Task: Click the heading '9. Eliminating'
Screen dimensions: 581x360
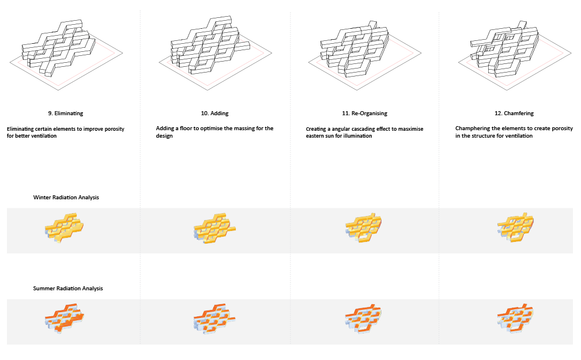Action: pyautogui.click(x=66, y=113)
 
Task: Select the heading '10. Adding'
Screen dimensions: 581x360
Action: pyautogui.click(x=214, y=113)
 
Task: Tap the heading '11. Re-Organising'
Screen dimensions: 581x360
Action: pyautogui.click(x=365, y=113)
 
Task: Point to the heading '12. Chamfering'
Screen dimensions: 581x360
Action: pyautogui.click(x=514, y=113)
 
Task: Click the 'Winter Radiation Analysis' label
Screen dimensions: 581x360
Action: pyautogui.click(x=66, y=198)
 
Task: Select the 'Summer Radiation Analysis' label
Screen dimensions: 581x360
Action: pyautogui.click(x=68, y=289)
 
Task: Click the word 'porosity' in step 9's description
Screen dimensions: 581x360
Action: pyautogui.click(x=114, y=129)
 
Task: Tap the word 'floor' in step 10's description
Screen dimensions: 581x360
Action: pyautogui.click(x=186, y=128)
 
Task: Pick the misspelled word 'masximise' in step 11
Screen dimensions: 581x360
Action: pyautogui.click(x=410, y=129)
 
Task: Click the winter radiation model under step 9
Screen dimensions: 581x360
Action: pyautogui.click(x=64, y=228)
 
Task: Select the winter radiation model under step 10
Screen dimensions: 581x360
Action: pyautogui.click(x=214, y=228)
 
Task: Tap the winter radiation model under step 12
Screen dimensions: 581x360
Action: pyautogui.click(x=515, y=227)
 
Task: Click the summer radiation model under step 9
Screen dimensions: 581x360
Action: pyautogui.click(x=64, y=319)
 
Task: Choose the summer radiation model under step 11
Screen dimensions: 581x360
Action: pyautogui.click(x=363, y=319)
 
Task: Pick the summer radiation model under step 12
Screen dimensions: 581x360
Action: pyautogui.click(x=515, y=318)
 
